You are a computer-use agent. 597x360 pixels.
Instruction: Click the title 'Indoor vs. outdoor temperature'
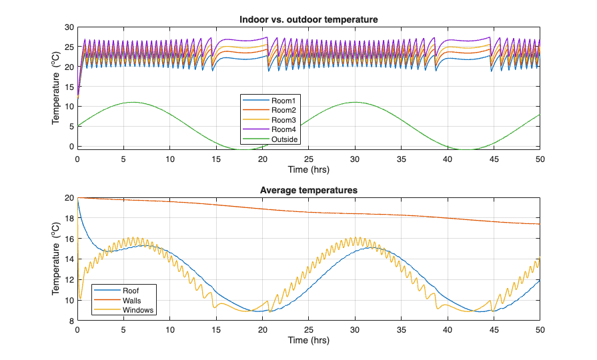308,20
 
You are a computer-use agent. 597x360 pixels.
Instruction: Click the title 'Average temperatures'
308,190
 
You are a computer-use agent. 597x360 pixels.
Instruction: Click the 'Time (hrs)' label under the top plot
308,169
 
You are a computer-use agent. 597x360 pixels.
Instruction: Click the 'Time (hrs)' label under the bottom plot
308,340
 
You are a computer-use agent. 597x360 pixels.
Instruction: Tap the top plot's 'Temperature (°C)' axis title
56,87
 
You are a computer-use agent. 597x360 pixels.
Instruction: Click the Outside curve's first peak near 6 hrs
133,102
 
